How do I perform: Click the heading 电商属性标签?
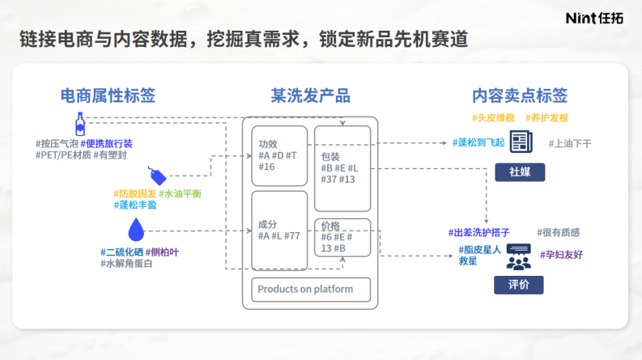point(108,95)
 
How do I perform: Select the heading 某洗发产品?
point(310,95)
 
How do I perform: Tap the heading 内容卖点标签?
point(521,95)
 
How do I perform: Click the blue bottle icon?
point(80,123)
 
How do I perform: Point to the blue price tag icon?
point(157,175)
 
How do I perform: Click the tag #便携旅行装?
point(107,143)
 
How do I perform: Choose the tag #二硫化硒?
point(121,252)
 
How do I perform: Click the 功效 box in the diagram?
point(279,155)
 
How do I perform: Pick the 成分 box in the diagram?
point(279,231)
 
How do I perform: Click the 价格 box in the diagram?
point(342,237)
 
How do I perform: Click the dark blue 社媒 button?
point(520,172)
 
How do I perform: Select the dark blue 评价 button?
point(519,285)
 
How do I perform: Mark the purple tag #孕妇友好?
point(562,254)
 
